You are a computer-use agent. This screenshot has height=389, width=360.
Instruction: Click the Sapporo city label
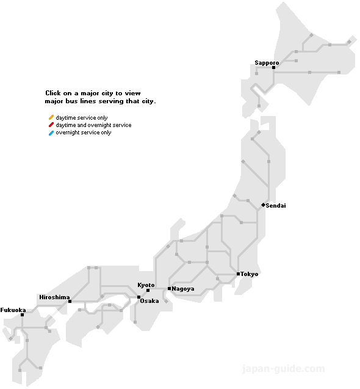[267, 63]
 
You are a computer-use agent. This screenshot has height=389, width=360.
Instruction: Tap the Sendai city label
[276, 206]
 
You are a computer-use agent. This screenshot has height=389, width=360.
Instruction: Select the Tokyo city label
[249, 274]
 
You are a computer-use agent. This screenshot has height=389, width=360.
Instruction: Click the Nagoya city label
[183, 288]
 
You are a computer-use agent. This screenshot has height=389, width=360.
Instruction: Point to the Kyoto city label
[146, 285]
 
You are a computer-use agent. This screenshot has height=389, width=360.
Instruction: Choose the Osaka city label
[149, 301]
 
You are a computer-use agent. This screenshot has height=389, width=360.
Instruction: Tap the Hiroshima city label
[54, 297]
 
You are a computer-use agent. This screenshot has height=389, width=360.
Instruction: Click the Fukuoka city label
[13, 310]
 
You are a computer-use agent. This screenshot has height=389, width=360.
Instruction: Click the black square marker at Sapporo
[274, 68]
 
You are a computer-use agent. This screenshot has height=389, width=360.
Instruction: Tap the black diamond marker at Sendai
[263, 205]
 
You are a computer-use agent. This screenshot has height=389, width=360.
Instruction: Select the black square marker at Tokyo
[238, 274]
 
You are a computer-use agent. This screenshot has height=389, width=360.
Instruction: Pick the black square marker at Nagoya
[169, 288]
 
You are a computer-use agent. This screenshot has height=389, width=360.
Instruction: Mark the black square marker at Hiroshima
[70, 301]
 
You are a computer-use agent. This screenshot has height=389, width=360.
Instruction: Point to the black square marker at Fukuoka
[23, 315]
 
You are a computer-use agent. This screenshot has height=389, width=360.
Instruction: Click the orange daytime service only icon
[51, 117]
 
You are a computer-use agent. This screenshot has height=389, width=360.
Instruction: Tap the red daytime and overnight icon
[51, 125]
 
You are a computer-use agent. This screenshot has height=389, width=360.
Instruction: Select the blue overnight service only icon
[51, 133]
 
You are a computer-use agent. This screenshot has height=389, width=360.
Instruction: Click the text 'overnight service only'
[84, 133]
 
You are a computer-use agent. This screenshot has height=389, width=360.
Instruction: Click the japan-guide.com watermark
[284, 369]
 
